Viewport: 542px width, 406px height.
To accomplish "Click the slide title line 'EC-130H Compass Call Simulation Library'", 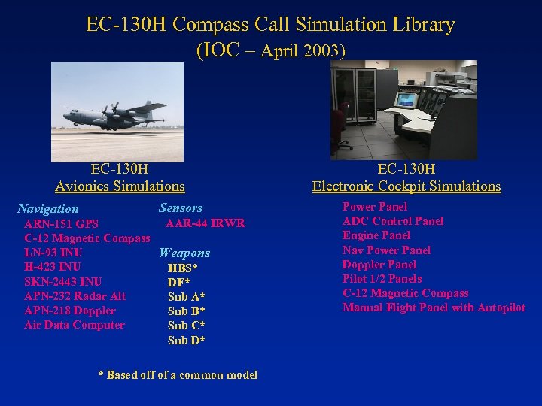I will (x=270, y=25).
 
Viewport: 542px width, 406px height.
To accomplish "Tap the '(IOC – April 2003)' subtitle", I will (x=270, y=51).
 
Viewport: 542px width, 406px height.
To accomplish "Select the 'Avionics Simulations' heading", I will (x=120, y=186).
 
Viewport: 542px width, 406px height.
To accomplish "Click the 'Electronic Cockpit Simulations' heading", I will (x=406, y=186).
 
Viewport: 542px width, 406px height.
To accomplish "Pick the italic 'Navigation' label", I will (x=47, y=209).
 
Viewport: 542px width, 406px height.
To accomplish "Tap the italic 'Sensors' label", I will (x=181, y=208).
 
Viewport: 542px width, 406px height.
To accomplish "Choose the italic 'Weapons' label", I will (x=184, y=253).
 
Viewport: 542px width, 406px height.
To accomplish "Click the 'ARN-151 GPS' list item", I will (x=61, y=223).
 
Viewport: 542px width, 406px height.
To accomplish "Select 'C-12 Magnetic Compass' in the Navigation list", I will (x=87, y=238).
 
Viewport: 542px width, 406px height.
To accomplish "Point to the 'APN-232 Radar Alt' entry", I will (x=75, y=296).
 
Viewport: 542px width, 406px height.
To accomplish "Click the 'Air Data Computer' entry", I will (x=75, y=325).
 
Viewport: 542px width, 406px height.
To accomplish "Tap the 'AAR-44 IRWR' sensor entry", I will (x=205, y=223).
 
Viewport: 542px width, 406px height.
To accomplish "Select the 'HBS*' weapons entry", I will (x=183, y=268).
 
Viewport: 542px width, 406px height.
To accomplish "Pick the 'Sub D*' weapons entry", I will (x=186, y=340).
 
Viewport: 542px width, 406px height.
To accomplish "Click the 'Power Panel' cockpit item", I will (x=375, y=207).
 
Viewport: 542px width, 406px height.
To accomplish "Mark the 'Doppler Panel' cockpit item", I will (x=379, y=265).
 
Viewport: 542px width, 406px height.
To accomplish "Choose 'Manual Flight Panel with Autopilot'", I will (x=434, y=308).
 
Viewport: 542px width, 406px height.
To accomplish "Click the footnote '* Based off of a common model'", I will (x=178, y=374).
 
